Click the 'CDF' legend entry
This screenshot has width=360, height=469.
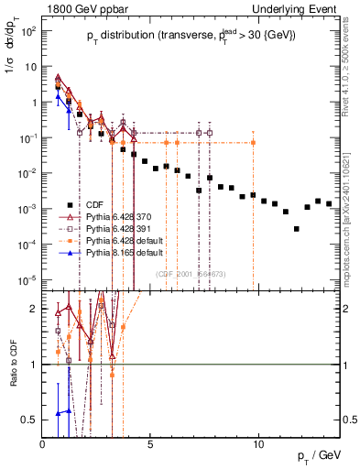pyautogui.click(x=95, y=205)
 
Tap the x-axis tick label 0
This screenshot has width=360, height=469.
pyautogui.click(x=43, y=444)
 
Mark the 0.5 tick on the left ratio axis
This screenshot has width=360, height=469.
pyautogui.click(x=31, y=420)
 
